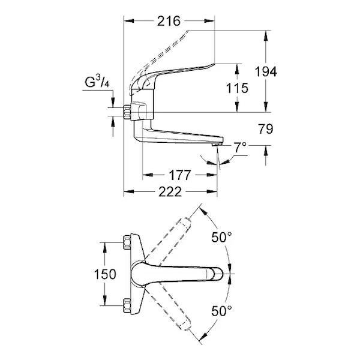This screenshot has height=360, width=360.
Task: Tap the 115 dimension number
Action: [238, 88]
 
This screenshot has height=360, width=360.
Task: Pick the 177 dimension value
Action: [179, 175]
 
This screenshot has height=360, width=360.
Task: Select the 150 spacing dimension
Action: [105, 274]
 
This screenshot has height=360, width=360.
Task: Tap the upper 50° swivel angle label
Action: [221, 237]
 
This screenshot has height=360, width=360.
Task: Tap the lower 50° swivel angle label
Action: [221, 311]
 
